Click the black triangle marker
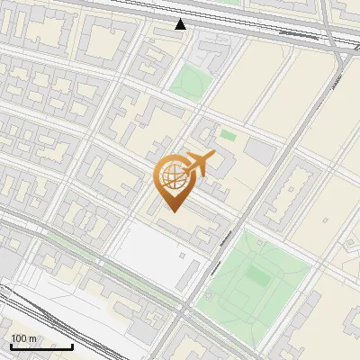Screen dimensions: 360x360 coord(181,24)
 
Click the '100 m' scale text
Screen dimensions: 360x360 coord(23,338)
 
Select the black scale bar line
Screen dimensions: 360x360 coord(41,346)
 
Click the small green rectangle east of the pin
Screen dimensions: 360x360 coord(228,136)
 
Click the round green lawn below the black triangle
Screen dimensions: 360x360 coord(188,82)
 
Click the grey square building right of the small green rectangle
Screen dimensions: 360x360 coord(260,150)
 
